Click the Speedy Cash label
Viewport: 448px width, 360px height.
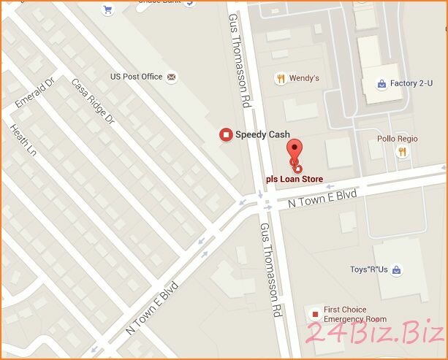[261, 134]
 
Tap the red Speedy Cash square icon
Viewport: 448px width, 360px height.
[226, 134]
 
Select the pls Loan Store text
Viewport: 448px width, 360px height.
[294, 178]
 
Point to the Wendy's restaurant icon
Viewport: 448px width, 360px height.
[280, 78]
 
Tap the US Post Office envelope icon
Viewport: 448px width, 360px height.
[172, 77]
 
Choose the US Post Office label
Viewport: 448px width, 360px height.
[136, 77]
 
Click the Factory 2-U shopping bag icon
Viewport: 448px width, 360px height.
[381, 84]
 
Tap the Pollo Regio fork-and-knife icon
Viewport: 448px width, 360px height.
[401, 152]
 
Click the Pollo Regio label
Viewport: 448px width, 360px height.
[397, 139]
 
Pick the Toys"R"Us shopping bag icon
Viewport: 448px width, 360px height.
[395, 270]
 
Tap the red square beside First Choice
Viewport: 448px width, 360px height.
[315, 315]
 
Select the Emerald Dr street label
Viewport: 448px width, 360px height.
[36, 93]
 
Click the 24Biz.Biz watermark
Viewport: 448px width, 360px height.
[373, 333]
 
